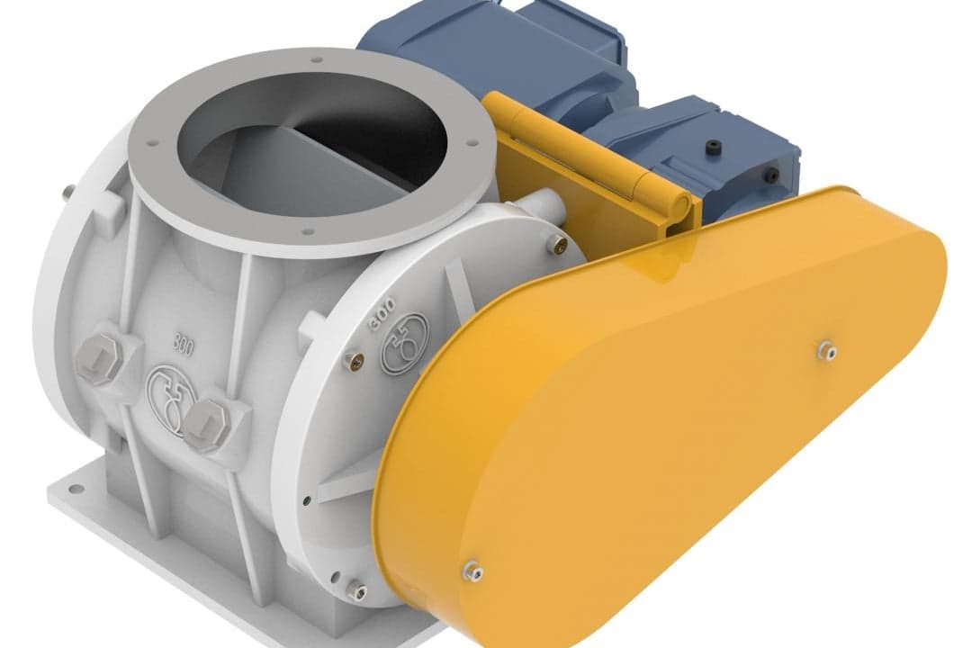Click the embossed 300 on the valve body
click(184, 346)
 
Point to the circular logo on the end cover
click(405, 343)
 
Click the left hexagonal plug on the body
click(99, 361)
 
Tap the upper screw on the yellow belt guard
click(829, 351)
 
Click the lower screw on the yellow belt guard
click(474, 571)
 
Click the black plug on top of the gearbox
click(712, 148)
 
